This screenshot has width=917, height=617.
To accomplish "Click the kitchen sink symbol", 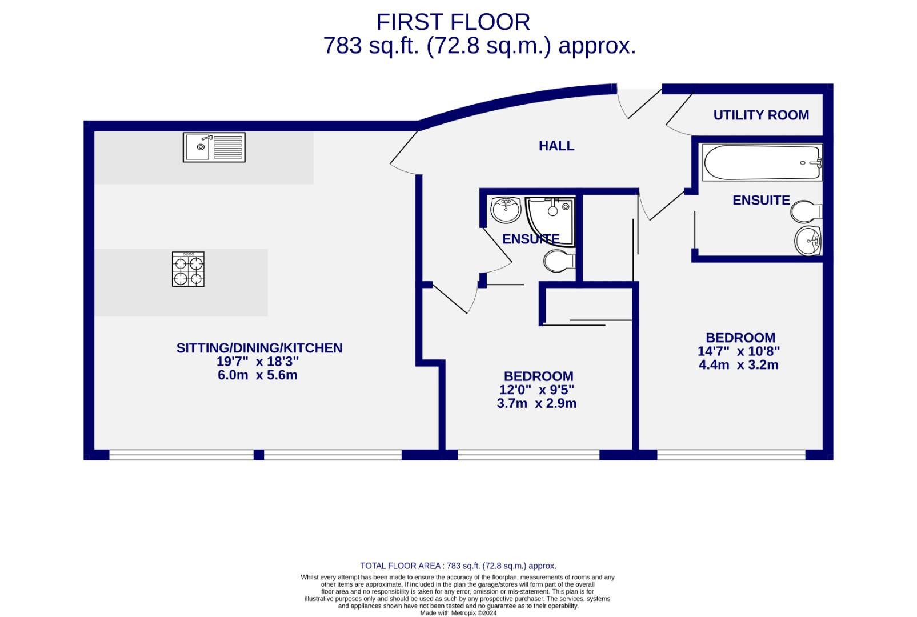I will [214, 147].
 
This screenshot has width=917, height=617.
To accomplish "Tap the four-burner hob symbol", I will [188, 269].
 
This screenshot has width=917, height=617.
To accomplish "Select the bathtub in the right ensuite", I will [762, 163].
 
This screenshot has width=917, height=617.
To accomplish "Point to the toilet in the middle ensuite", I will [559, 262].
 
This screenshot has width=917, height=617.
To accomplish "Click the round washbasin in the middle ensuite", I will [505, 210].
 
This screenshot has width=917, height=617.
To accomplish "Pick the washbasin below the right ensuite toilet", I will [808, 241].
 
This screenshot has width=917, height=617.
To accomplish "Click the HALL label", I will [556, 146].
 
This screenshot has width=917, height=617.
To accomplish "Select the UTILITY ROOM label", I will [761, 115].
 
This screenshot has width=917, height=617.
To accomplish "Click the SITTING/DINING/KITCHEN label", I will [259, 348].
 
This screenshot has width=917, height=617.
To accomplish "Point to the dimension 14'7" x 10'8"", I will [739, 351].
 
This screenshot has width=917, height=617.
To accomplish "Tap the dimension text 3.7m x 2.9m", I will [536, 403].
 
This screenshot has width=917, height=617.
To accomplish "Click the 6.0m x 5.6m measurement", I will [258, 375].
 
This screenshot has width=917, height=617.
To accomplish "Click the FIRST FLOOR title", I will [453, 22].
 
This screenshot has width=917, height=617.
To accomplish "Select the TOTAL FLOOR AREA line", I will [458, 566].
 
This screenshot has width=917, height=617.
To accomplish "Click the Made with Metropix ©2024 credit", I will [458, 613].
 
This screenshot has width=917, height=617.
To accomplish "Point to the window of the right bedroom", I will [731, 455].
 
